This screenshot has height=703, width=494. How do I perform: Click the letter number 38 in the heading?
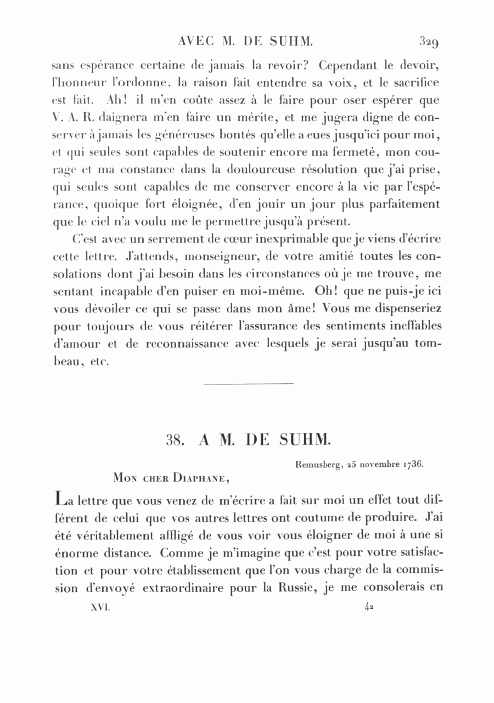tap(175, 439)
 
